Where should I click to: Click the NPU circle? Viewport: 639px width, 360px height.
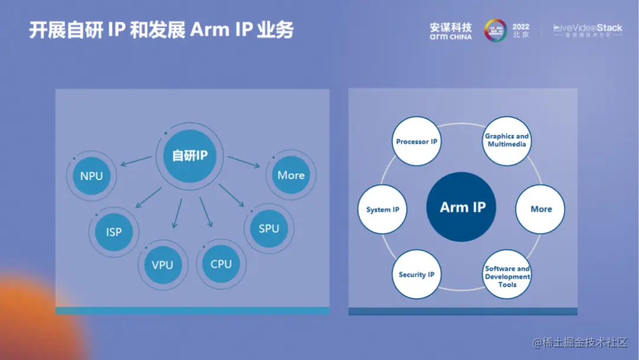click(x=92, y=176)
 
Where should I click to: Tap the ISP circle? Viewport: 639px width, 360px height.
click(x=114, y=232)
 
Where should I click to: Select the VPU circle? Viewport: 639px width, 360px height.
click(x=162, y=265)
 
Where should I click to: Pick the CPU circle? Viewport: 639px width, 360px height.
click(x=221, y=264)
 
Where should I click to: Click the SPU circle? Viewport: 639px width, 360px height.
click(x=269, y=229)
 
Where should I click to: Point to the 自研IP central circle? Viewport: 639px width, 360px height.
click(x=189, y=156)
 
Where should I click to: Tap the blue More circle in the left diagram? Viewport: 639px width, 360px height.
click(x=291, y=175)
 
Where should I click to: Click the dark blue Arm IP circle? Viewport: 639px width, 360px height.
click(x=463, y=207)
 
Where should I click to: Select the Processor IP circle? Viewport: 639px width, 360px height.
click(x=417, y=142)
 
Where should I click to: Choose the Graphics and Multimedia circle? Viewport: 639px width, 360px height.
click(x=507, y=140)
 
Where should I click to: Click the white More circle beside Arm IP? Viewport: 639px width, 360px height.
click(x=541, y=209)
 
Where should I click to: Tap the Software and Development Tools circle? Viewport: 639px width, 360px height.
click(x=507, y=276)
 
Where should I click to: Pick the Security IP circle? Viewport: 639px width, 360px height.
click(x=416, y=275)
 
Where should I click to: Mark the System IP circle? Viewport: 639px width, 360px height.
click(x=382, y=210)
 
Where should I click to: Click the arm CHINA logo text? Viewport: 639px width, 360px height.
click(x=451, y=37)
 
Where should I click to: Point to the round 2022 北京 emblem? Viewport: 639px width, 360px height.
click(x=495, y=30)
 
